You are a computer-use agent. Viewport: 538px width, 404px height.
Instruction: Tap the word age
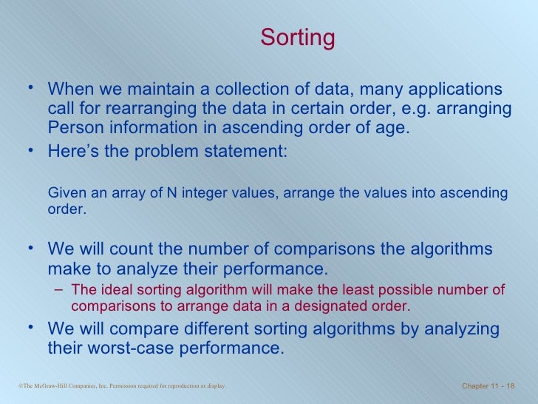(x=389, y=127)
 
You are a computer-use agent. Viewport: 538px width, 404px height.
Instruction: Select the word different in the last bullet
(x=219, y=329)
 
